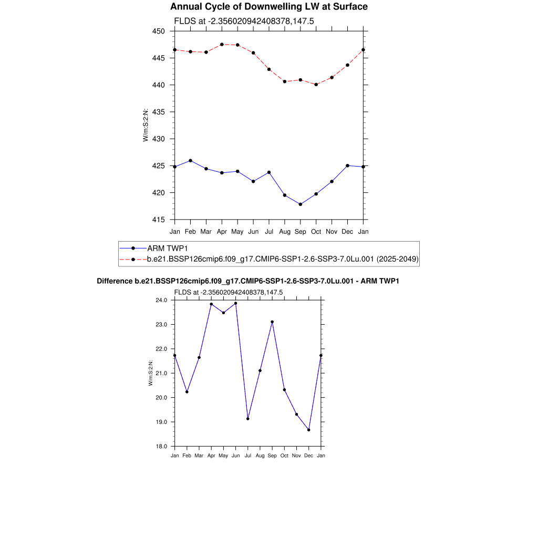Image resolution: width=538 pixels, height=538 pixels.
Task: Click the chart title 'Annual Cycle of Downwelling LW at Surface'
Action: click(269, 7)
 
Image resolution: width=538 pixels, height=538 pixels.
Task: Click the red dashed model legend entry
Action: click(282, 259)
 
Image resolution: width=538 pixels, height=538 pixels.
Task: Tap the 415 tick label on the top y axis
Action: click(159, 220)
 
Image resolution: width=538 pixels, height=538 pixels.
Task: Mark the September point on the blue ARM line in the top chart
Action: click(301, 204)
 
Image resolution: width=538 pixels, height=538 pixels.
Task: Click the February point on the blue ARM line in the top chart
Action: click(190, 160)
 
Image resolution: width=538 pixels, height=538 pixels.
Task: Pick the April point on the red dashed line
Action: click(222, 44)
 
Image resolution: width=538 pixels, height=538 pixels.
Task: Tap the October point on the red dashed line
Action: click(316, 85)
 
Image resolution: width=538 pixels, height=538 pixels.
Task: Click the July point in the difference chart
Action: click(248, 419)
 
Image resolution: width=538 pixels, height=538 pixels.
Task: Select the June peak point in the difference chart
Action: click(235, 303)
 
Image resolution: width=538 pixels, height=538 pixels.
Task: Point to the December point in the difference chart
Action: click(309, 430)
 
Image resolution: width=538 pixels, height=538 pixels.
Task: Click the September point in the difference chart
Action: click(272, 322)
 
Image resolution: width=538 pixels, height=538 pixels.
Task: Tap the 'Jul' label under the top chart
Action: click(269, 231)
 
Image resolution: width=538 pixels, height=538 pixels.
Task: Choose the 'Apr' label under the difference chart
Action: click(211, 456)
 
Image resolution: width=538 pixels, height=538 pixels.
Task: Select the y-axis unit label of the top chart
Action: click(146, 125)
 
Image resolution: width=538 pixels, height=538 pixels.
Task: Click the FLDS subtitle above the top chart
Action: click(244, 20)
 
